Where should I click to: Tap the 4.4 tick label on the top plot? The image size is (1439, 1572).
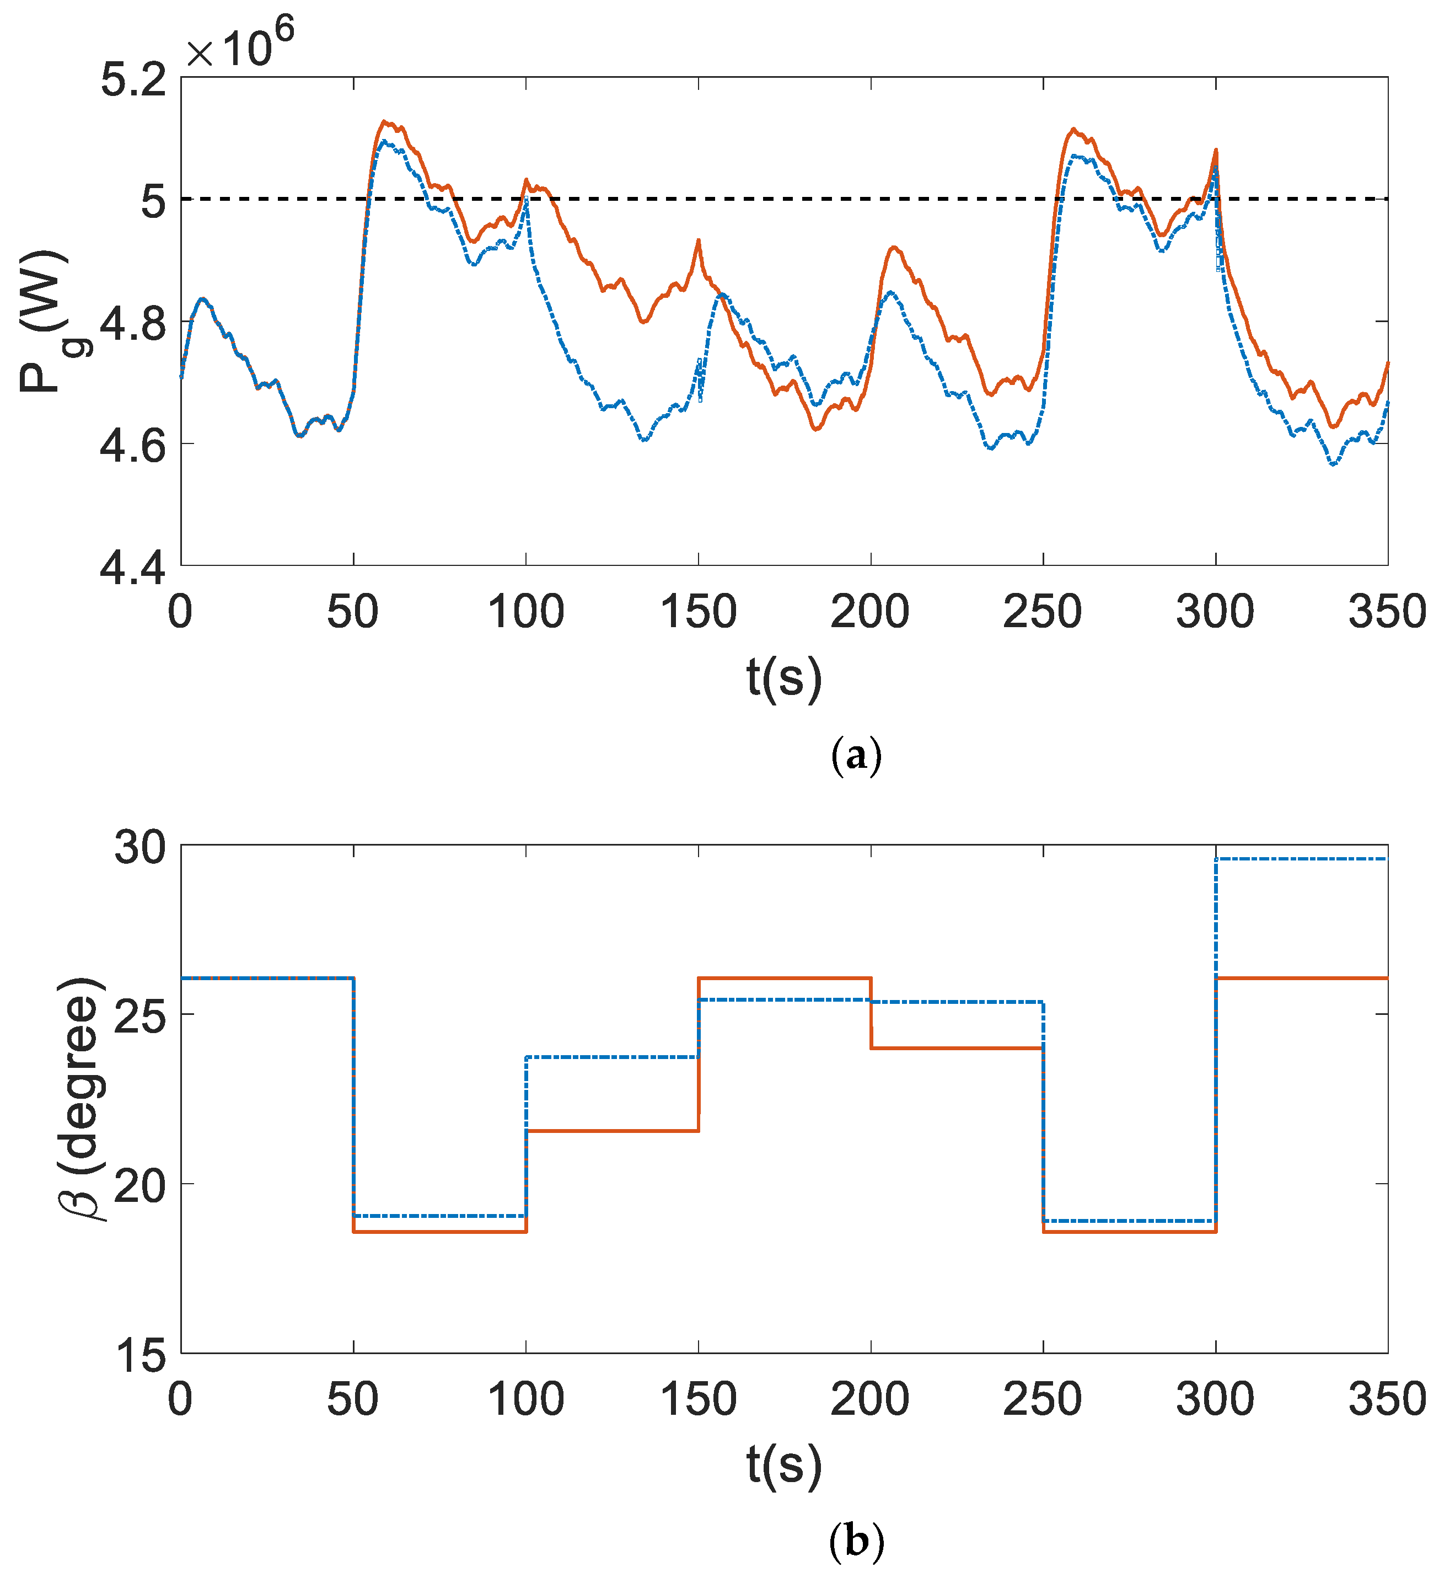pyautogui.click(x=133, y=569)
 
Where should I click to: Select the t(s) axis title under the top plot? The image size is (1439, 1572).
pyautogui.click(x=783, y=677)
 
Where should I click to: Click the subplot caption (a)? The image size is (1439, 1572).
pyautogui.click(x=856, y=755)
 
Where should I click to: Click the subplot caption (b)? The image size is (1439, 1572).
pyautogui.click(x=856, y=1541)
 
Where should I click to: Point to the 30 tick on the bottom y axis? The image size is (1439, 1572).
pyautogui.click(x=140, y=848)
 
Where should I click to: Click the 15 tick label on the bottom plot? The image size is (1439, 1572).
pyautogui.click(x=140, y=1355)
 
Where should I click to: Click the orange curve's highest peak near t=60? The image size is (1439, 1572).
pyautogui.click(x=384, y=122)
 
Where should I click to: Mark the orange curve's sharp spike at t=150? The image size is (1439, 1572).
pyautogui.click(x=699, y=241)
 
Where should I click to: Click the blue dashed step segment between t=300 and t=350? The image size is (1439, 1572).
pyautogui.click(x=1302, y=858)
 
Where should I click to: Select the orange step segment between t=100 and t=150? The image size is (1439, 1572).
pyautogui.click(x=612, y=1131)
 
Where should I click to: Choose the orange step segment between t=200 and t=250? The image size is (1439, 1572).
pyautogui.click(x=957, y=1048)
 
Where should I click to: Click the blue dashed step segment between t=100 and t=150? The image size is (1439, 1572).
pyautogui.click(x=612, y=1057)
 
